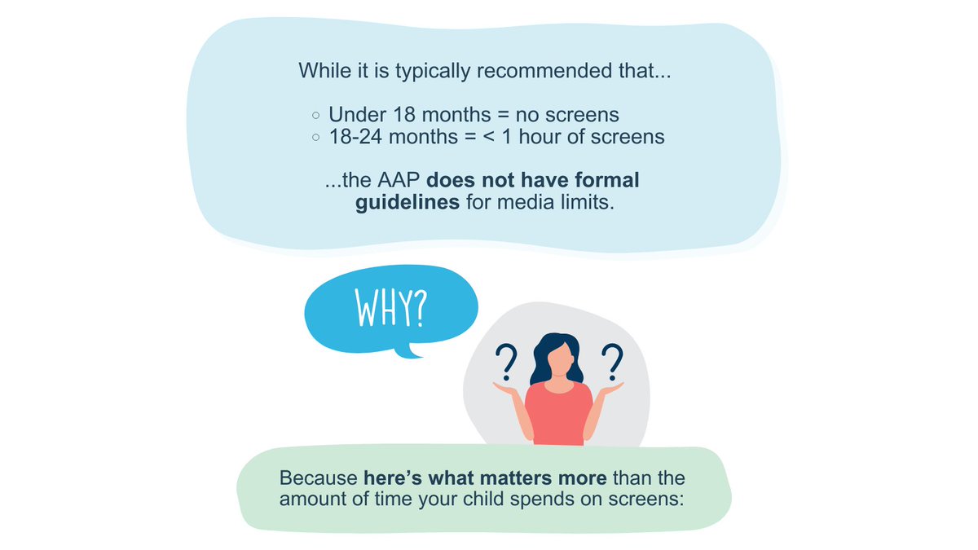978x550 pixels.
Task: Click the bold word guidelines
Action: [x=407, y=202]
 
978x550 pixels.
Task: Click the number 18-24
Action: [x=355, y=137]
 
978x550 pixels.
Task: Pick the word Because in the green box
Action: [x=319, y=477]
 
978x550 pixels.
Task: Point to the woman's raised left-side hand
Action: [x=506, y=390]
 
